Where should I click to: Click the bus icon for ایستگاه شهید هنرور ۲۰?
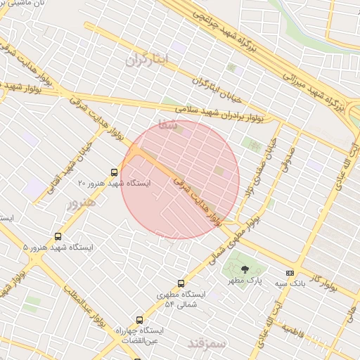(x=114, y=172)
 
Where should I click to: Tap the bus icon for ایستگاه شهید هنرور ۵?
(x=58, y=237)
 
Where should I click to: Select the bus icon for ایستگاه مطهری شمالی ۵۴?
(x=181, y=284)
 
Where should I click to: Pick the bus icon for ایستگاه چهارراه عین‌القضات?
(x=139, y=319)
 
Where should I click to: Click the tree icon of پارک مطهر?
(x=245, y=269)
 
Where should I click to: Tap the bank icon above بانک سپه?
(x=289, y=274)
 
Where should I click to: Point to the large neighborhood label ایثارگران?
(x=147, y=60)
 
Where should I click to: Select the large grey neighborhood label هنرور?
(x=80, y=205)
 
